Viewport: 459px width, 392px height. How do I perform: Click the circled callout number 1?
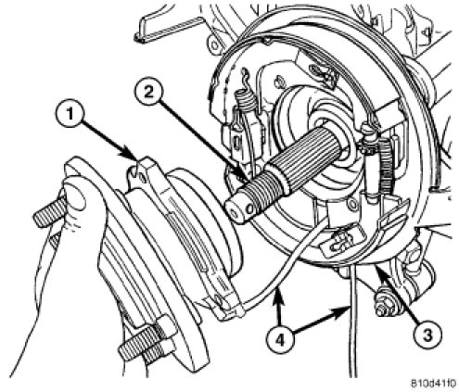(70, 115)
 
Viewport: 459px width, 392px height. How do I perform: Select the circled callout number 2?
(149, 93)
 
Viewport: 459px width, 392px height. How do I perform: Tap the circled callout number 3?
(427, 335)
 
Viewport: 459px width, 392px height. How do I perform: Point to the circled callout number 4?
(280, 340)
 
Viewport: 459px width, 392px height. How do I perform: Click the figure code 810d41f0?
(433, 384)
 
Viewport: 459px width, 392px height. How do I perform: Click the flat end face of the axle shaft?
(237, 211)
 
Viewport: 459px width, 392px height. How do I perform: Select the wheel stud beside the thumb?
(48, 214)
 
